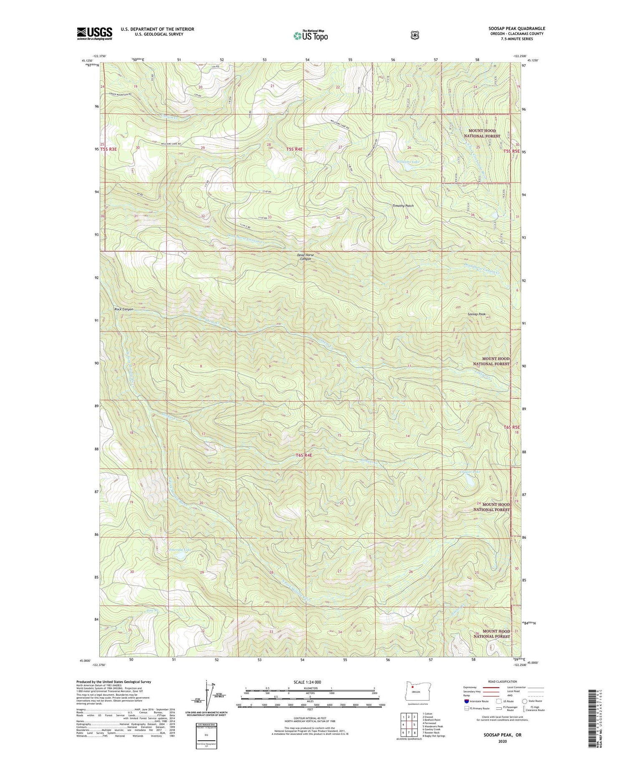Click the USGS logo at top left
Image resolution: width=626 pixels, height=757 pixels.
(x=94, y=33)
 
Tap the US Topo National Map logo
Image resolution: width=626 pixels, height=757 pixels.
(x=310, y=35)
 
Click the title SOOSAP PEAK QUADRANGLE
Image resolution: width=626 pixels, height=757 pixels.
(x=517, y=29)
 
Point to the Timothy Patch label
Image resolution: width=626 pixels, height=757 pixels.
(x=403, y=206)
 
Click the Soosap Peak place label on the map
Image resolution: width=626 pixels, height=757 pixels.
(x=476, y=314)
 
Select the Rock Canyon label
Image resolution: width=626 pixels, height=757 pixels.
(x=124, y=309)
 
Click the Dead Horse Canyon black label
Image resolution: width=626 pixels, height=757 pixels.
(x=305, y=257)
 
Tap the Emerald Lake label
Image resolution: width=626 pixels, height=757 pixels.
(x=180, y=550)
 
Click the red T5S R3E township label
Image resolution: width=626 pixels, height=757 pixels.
(x=110, y=149)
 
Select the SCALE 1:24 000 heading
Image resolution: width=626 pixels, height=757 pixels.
(x=308, y=682)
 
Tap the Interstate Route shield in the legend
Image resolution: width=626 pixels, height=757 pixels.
(x=466, y=701)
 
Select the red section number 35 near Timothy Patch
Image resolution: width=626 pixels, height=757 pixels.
(x=406, y=218)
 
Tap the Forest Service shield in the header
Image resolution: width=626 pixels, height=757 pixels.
(x=414, y=35)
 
